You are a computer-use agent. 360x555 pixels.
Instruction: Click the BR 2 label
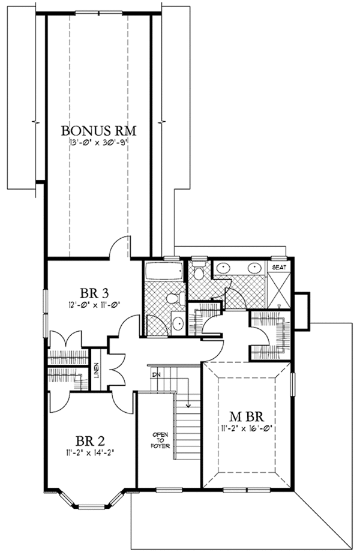coord(89,441)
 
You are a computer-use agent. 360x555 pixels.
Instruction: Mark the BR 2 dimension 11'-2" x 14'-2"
coord(89,452)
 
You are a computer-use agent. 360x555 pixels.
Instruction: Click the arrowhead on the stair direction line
coord(189,405)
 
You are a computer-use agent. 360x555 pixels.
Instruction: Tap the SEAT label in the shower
coord(280,267)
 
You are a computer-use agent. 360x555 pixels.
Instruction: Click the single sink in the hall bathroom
coord(179,323)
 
